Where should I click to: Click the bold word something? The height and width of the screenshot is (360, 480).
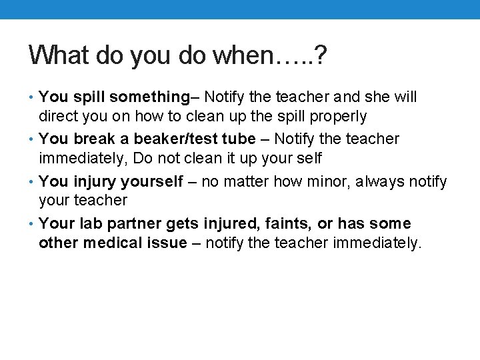[150, 97]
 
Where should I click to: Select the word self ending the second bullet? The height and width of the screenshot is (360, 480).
[309, 159]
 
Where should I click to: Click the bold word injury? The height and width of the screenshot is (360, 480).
[95, 181]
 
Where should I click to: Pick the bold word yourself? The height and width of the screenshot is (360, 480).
[151, 181]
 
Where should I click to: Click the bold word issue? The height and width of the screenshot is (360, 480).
[168, 243]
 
